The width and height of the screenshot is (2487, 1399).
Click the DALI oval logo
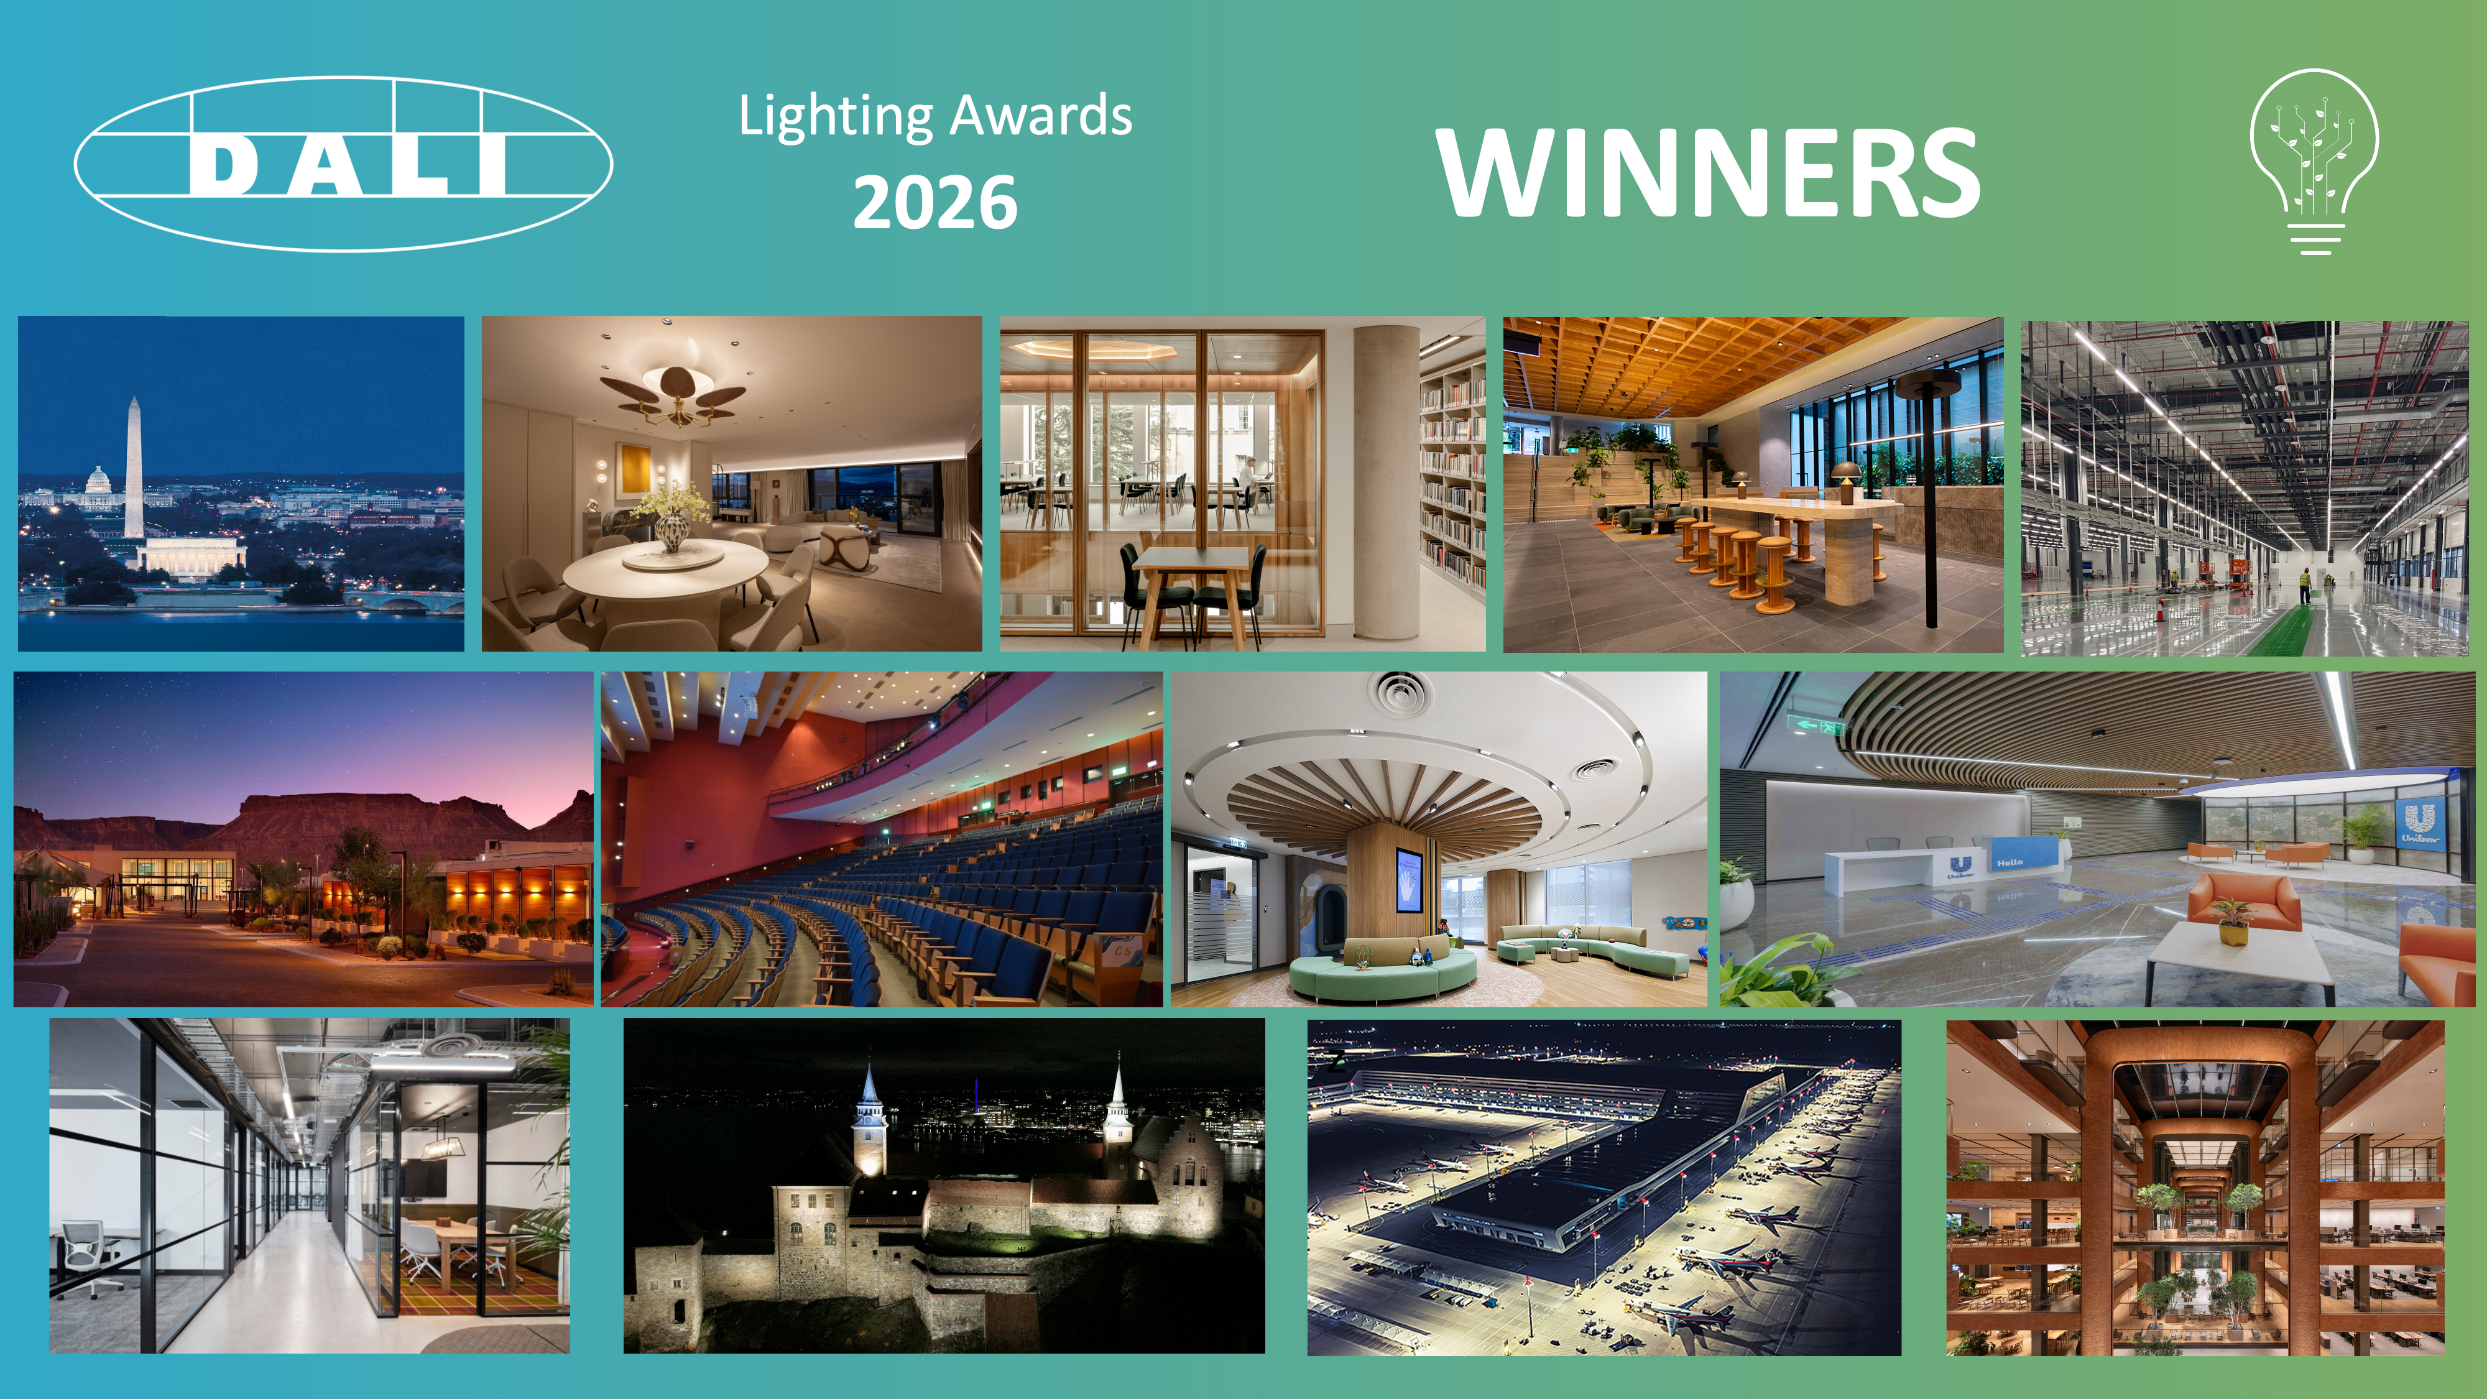pyautogui.click(x=344, y=164)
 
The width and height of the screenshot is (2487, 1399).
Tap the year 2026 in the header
pyautogui.click(x=934, y=203)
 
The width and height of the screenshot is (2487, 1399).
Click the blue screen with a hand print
pyautogui.click(x=1409, y=879)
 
